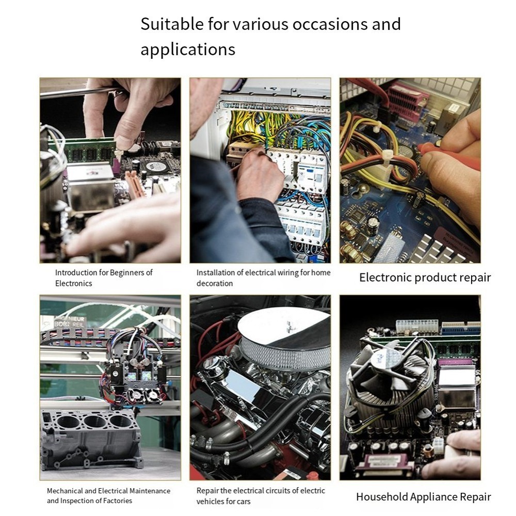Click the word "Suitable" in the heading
point(172,24)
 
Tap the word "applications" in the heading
point(188,50)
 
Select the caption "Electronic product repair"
point(425,278)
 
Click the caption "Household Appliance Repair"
point(424,496)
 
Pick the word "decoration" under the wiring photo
point(215,283)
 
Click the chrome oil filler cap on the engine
point(214,365)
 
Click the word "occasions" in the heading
point(330,24)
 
